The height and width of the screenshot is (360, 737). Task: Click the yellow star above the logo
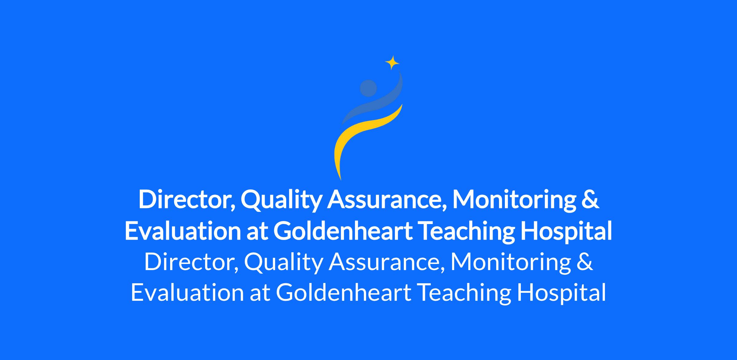pos(392,63)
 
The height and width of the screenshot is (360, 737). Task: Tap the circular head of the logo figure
pos(368,88)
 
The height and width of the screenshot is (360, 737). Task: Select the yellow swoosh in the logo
pos(362,135)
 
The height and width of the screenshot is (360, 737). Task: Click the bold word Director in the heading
pos(187,200)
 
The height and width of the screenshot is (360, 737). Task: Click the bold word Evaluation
pos(183,231)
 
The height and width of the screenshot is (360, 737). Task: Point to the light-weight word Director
pos(192,262)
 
